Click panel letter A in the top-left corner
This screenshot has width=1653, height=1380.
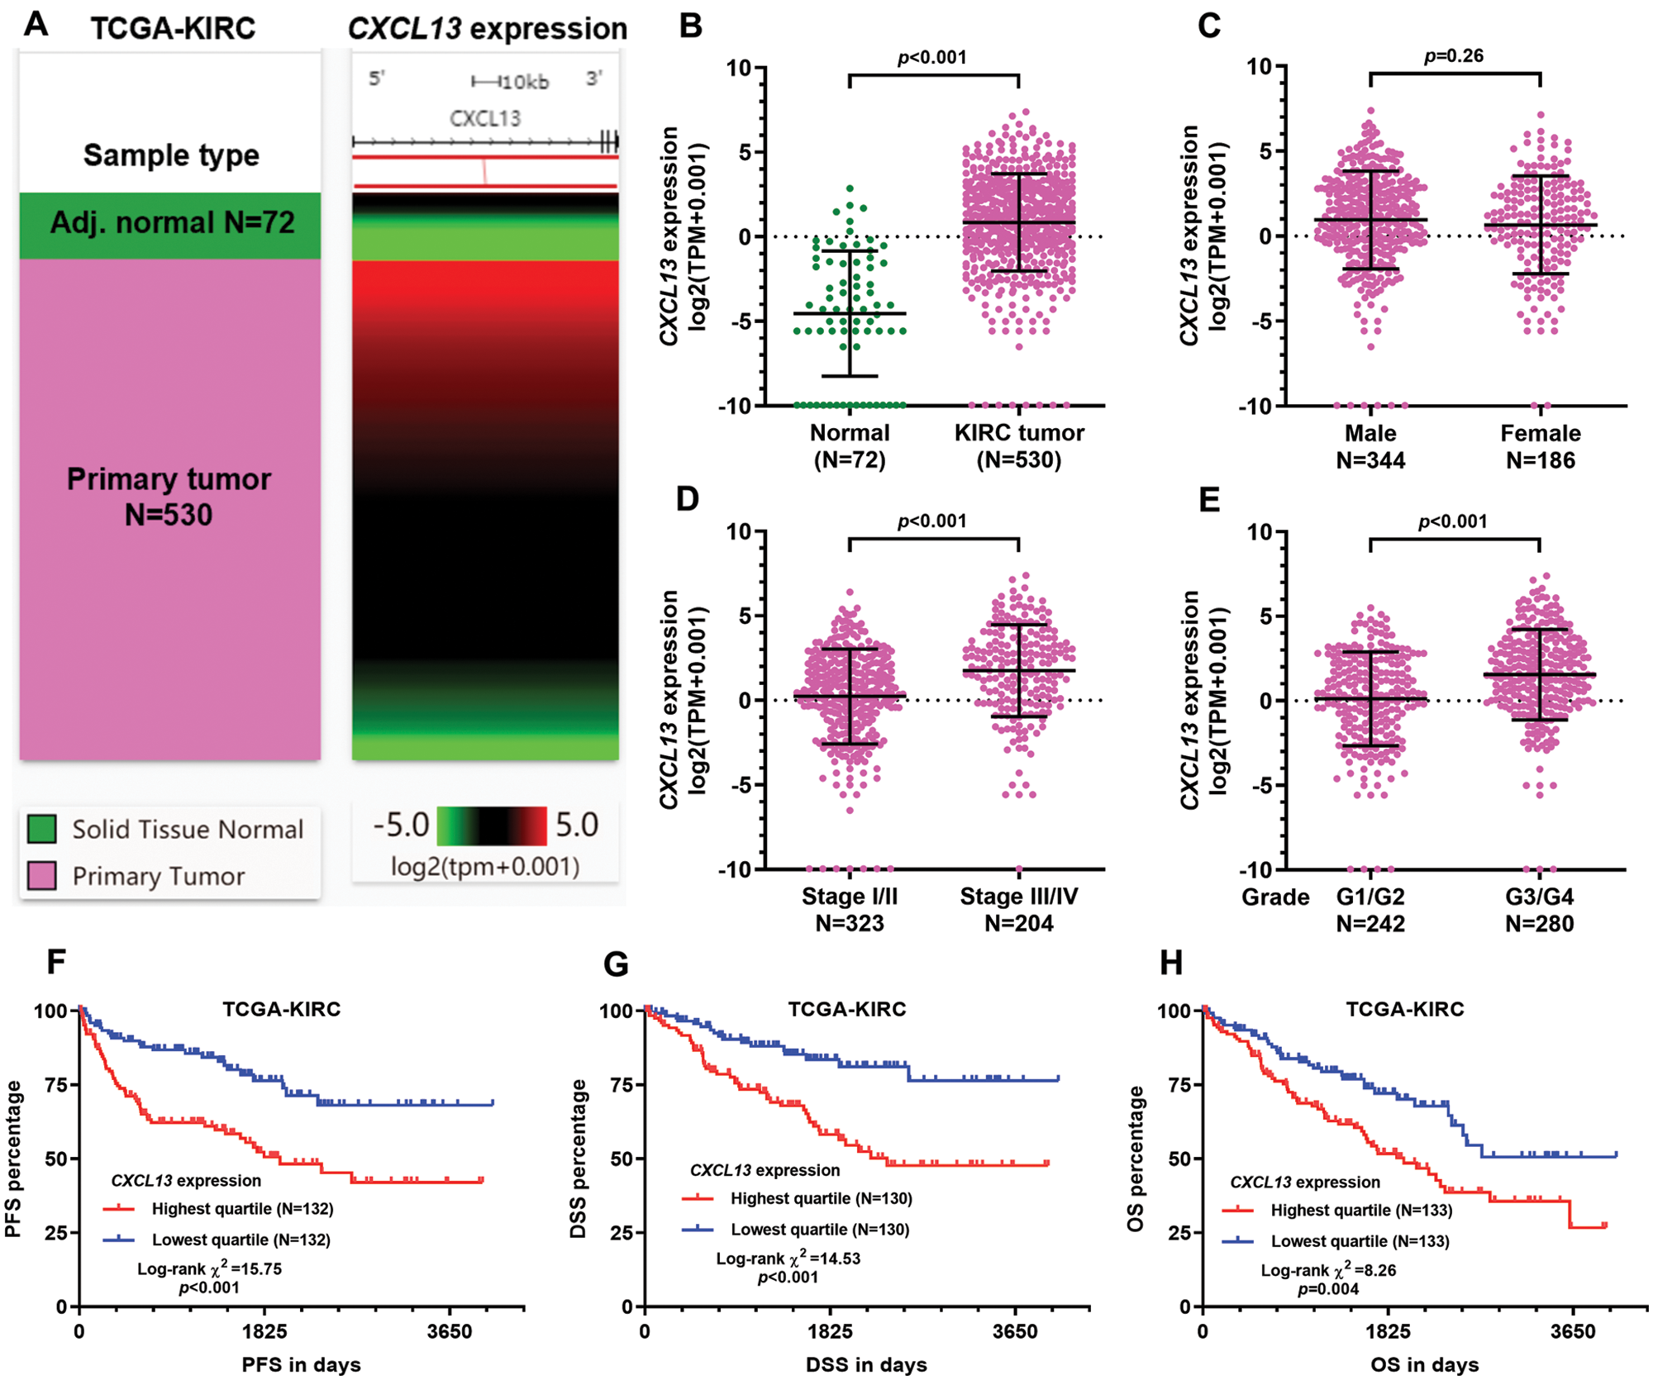pyautogui.click(x=36, y=25)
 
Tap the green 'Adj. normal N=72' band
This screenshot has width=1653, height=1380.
pyautogui.click(x=171, y=223)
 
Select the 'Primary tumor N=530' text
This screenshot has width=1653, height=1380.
pyautogui.click(x=169, y=497)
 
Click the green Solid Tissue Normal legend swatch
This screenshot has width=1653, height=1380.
pyautogui.click(x=42, y=829)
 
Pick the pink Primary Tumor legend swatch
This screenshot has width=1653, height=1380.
pyautogui.click(x=42, y=876)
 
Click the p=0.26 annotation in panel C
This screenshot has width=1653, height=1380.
pyautogui.click(x=1454, y=56)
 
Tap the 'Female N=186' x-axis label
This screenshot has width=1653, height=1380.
pyautogui.click(x=1540, y=446)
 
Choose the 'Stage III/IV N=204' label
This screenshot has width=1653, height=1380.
pyautogui.click(x=1018, y=910)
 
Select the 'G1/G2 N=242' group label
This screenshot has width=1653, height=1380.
pyautogui.click(x=1370, y=910)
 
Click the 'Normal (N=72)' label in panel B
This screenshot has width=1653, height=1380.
pyautogui.click(x=850, y=446)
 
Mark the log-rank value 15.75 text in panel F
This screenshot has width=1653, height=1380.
pyautogui.click(x=210, y=1268)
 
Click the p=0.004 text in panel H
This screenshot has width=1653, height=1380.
pyautogui.click(x=1328, y=1288)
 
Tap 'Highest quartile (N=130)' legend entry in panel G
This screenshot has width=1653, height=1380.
pyautogui.click(x=821, y=1198)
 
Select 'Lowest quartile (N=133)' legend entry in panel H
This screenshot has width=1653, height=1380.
pyautogui.click(x=1360, y=1241)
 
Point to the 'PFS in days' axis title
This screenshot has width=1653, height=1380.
pyautogui.click(x=301, y=1364)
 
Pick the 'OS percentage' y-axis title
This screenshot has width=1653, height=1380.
pyautogui.click(x=1136, y=1159)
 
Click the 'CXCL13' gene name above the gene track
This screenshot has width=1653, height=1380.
pyautogui.click(x=485, y=118)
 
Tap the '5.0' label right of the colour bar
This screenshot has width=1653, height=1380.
pyautogui.click(x=576, y=825)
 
